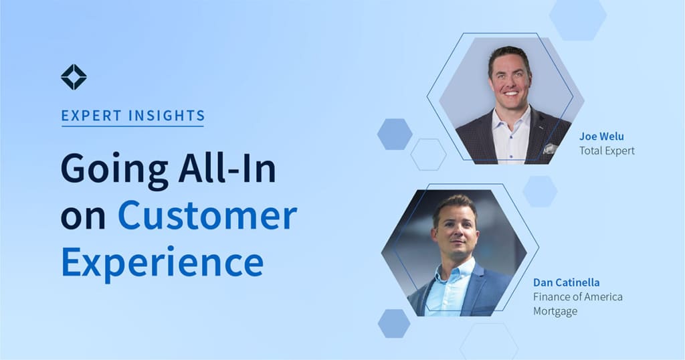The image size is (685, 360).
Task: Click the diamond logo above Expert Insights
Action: [74, 78]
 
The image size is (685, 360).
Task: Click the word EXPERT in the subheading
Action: [91, 116]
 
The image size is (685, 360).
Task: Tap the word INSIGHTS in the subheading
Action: [167, 116]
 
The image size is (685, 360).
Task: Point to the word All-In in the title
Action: [227, 168]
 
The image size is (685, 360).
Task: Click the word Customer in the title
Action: [207, 215]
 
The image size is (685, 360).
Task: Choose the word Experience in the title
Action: [162, 263]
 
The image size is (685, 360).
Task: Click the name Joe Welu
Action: [601, 137]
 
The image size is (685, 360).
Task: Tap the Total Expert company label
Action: [607, 151]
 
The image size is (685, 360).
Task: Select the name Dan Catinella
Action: [566, 282]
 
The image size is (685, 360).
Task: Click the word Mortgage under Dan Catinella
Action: [555, 312]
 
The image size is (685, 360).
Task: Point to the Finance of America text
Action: [577, 297]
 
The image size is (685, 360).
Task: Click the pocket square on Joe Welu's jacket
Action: [551, 149]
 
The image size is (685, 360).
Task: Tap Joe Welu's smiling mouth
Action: [510, 93]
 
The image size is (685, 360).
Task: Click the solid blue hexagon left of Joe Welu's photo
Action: [395, 134]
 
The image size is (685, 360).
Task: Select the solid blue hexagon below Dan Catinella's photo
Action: [394, 324]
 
